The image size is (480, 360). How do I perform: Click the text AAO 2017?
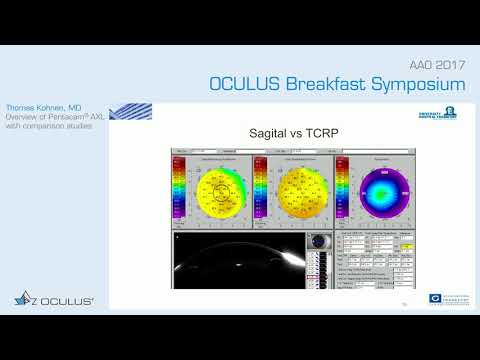(x=437, y=62)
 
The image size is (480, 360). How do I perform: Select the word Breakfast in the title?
(x=324, y=83)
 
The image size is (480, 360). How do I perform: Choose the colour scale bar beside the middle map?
(x=261, y=190)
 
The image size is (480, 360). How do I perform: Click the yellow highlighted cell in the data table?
(x=408, y=244)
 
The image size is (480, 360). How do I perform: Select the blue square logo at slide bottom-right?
(x=434, y=298)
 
